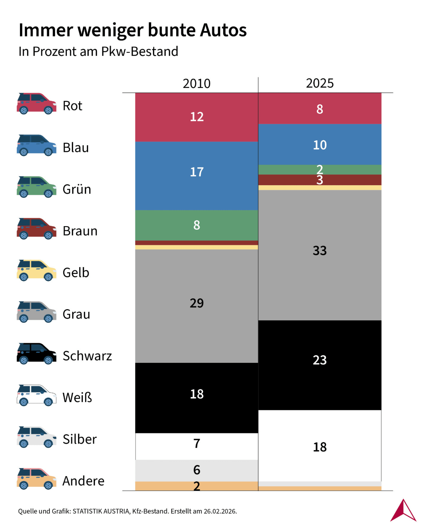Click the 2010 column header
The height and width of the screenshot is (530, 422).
pyautogui.click(x=196, y=84)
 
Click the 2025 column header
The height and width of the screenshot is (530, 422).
pyautogui.click(x=320, y=83)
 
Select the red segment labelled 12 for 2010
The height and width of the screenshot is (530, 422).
pyautogui.click(x=196, y=117)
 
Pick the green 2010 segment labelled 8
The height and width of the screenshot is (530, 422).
pyautogui.click(x=196, y=225)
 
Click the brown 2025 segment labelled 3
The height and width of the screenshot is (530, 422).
pyautogui.click(x=320, y=180)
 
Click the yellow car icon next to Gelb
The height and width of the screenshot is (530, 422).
pyautogui.click(x=36, y=270)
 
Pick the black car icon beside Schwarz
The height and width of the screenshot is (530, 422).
pyautogui.click(x=36, y=353)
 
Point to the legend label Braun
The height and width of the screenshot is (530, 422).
pyautogui.click(x=80, y=231)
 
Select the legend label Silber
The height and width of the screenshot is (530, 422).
pyautogui.click(x=79, y=439)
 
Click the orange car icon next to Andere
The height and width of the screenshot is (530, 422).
pyautogui.click(x=36, y=479)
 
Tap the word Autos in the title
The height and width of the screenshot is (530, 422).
pyautogui.click(x=223, y=30)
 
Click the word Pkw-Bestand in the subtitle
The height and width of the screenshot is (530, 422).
pyautogui.click(x=139, y=52)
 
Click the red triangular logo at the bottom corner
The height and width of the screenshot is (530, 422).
pyautogui.click(x=403, y=511)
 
